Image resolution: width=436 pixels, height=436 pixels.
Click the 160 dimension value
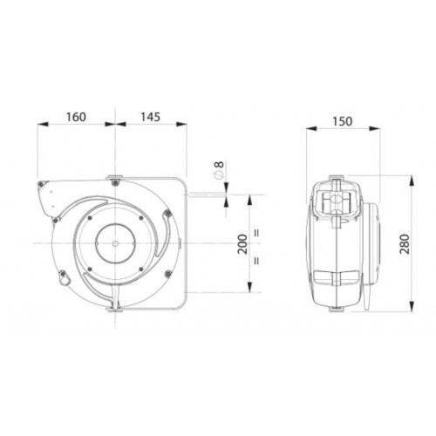click(x=76, y=117)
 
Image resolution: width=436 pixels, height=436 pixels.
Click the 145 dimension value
click(x=150, y=117)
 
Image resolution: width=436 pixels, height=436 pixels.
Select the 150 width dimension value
click(x=343, y=121)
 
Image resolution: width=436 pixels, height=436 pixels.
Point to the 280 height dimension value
click(x=405, y=244)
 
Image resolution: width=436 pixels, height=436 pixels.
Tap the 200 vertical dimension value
click(x=242, y=244)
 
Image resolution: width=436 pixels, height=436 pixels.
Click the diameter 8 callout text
click(x=219, y=169)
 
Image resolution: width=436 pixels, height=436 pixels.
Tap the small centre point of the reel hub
click(x=115, y=243)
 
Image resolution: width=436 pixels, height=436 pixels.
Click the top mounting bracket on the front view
click(x=115, y=177)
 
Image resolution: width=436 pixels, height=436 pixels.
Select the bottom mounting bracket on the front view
click(x=115, y=310)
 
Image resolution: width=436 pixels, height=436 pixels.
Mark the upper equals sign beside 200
click(x=256, y=233)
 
